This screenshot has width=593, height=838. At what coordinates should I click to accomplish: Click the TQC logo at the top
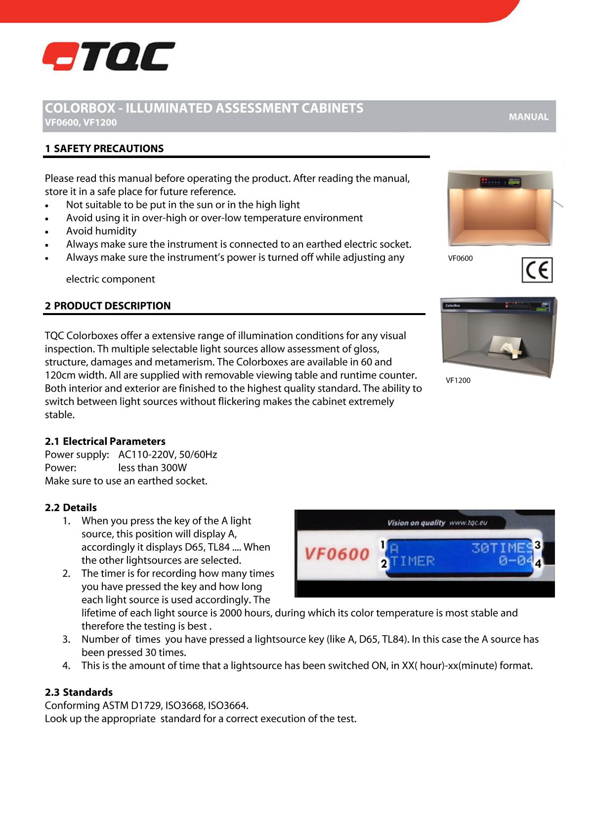point(109,56)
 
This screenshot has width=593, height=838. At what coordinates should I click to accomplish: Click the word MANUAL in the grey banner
point(528,117)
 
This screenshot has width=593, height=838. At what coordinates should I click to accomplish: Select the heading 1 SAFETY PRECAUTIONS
point(104,149)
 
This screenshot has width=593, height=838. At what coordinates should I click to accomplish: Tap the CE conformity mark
point(537,270)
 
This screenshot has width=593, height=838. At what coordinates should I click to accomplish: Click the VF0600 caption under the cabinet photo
point(460,258)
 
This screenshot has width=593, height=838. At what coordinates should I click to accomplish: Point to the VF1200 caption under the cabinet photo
point(458,380)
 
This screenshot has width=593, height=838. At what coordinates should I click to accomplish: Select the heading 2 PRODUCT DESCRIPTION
point(108,306)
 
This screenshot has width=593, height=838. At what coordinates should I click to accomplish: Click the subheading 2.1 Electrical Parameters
point(105,441)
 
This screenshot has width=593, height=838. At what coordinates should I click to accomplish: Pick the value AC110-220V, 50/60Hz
point(168,454)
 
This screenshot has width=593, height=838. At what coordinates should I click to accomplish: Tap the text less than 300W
point(152,468)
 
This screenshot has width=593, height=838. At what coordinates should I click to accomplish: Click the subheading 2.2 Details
point(71,508)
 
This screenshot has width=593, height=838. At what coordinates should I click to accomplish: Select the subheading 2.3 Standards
point(79,692)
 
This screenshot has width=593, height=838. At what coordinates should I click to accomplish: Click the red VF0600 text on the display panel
point(337,554)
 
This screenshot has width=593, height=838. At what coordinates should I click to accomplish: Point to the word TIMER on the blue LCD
point(413,561)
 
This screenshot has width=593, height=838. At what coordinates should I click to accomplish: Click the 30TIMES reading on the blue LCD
point(501,548)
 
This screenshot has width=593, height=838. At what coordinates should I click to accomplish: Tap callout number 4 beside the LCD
point(538,563)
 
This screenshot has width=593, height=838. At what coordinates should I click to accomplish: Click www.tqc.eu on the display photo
point(468,522)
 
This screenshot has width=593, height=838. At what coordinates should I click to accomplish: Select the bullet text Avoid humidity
point(101,231)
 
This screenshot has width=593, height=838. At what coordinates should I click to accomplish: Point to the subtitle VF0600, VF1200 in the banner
point(81,122)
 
